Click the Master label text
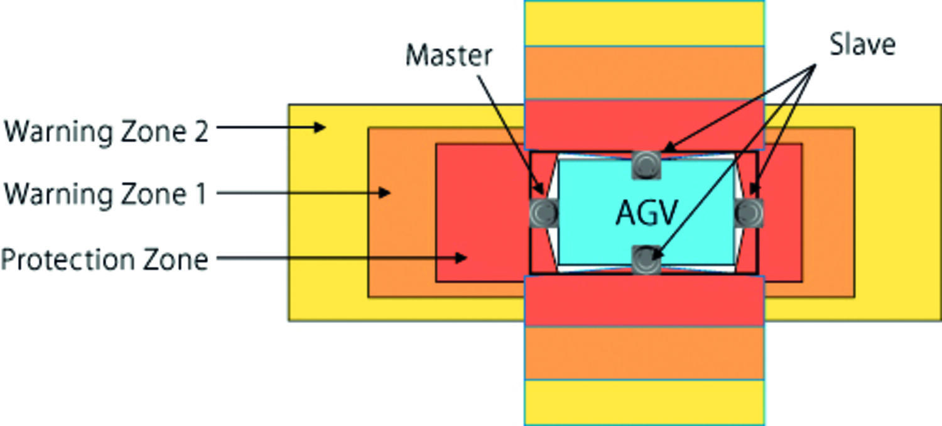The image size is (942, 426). [448, 56]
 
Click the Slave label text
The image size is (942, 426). [862, 45]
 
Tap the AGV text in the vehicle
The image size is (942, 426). [647, 213]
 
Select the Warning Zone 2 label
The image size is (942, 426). [106, 132]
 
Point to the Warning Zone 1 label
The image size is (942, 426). [106, 193]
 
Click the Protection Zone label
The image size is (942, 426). [104, 259]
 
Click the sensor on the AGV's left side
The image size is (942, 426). [543, 213]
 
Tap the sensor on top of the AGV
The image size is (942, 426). [646, 165]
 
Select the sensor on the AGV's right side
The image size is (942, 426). [749, 213]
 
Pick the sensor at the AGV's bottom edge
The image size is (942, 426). [646, 259]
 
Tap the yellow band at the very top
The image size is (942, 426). [644, 23]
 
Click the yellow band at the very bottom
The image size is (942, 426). [644, 402]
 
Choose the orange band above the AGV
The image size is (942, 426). [644, 73]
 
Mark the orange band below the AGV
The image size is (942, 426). [644, 352]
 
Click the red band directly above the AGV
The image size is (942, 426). [644, 124]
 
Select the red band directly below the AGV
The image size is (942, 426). [644, 300]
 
